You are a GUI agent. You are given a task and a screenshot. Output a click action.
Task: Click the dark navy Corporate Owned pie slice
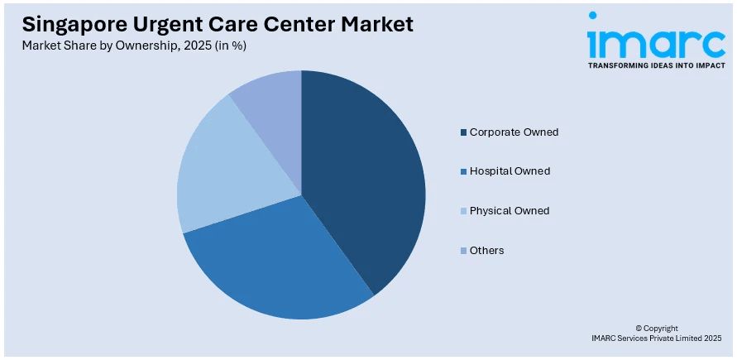pyautogui.click(x=368, y=174)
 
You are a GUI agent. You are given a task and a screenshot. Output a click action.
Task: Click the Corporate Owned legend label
pyautogui.click(x=514, y=132)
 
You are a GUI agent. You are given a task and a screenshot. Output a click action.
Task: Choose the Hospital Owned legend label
pyautogui.click(x=510, y=171)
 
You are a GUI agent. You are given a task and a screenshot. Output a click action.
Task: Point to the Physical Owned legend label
pyautogui.click(x=510, y=211)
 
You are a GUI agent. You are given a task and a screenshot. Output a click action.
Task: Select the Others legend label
pyautogui.click(x=486, y=250)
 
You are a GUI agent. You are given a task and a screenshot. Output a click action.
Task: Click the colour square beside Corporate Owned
pyautogui.click(x=462, y=132)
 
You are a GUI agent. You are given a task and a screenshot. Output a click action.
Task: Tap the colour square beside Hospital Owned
pyautogui.click(x=462, y=172)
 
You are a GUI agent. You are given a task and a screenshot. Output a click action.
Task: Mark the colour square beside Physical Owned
pyautogui.click(x=462, y=211)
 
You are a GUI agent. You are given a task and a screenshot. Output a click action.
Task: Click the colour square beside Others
pyautogui.click(x=462, y=251)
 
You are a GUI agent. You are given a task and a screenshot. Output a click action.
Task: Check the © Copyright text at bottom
pyautogui.click(x=656, y=328)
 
